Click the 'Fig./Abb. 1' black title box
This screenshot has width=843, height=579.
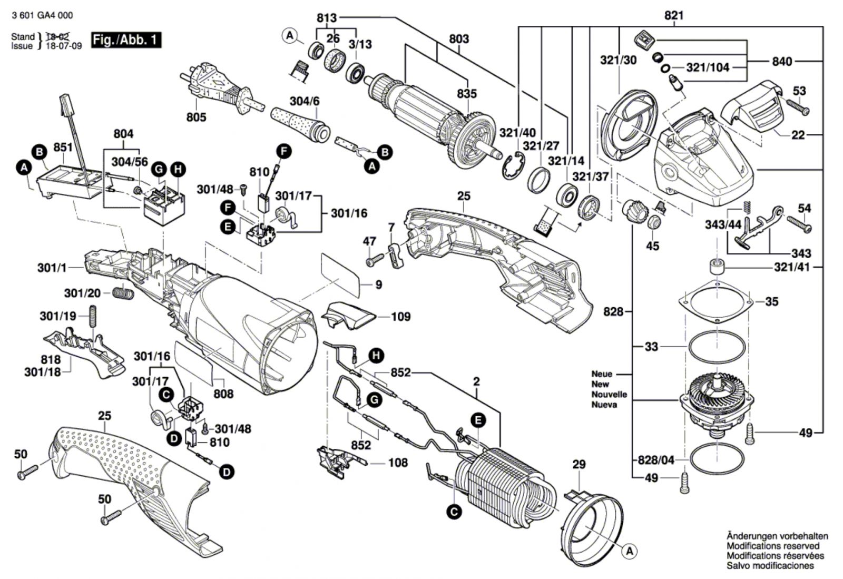pyautogui.click(x=125, y=40)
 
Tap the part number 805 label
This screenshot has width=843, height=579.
pyautogui.click(x=196, y=117)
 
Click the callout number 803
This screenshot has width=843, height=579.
pyautogui.click(x=459, y=39)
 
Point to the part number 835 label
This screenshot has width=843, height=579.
pyautogui.click(x=467, y=94)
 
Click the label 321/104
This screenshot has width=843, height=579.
pyautogui.click(x=708, y=67)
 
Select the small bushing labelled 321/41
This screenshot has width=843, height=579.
pyautogui.click(x=717, y=267)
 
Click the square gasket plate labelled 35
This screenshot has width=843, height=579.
pyautogui.click(x=717, y=303)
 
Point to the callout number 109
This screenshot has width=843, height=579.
pyautogui.click(x=401, y=317)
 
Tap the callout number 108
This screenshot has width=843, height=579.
pyautogui.click(x=398, y=463)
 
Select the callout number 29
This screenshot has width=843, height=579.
pyautogui.click(x=579, y=464)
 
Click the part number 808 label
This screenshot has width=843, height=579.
pyautogui.click(x=223, y=394)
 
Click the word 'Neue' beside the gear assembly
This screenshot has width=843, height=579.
pyautogui.click(x=602, y=374)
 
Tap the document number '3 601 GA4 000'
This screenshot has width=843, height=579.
pyautogui.click(x=42, y=15)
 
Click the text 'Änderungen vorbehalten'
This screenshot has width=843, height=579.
pyautogui.click(x=777, y=536)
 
